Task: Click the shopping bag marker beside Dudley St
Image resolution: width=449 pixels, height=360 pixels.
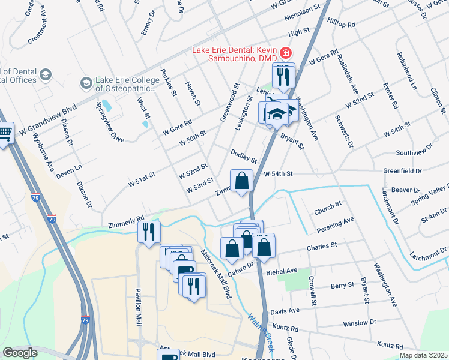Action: click(x=241, y=180)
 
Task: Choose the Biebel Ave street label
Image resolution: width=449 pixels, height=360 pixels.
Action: click(x=284, y=271)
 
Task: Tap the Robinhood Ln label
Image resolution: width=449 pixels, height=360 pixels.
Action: click(x=405, y=71)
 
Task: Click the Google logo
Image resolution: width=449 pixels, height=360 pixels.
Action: click(x=20, y=353)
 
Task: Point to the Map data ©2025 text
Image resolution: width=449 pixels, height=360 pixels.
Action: click(x=423, y=355)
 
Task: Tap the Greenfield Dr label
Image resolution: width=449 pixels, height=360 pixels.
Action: click(x=402, y=171)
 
